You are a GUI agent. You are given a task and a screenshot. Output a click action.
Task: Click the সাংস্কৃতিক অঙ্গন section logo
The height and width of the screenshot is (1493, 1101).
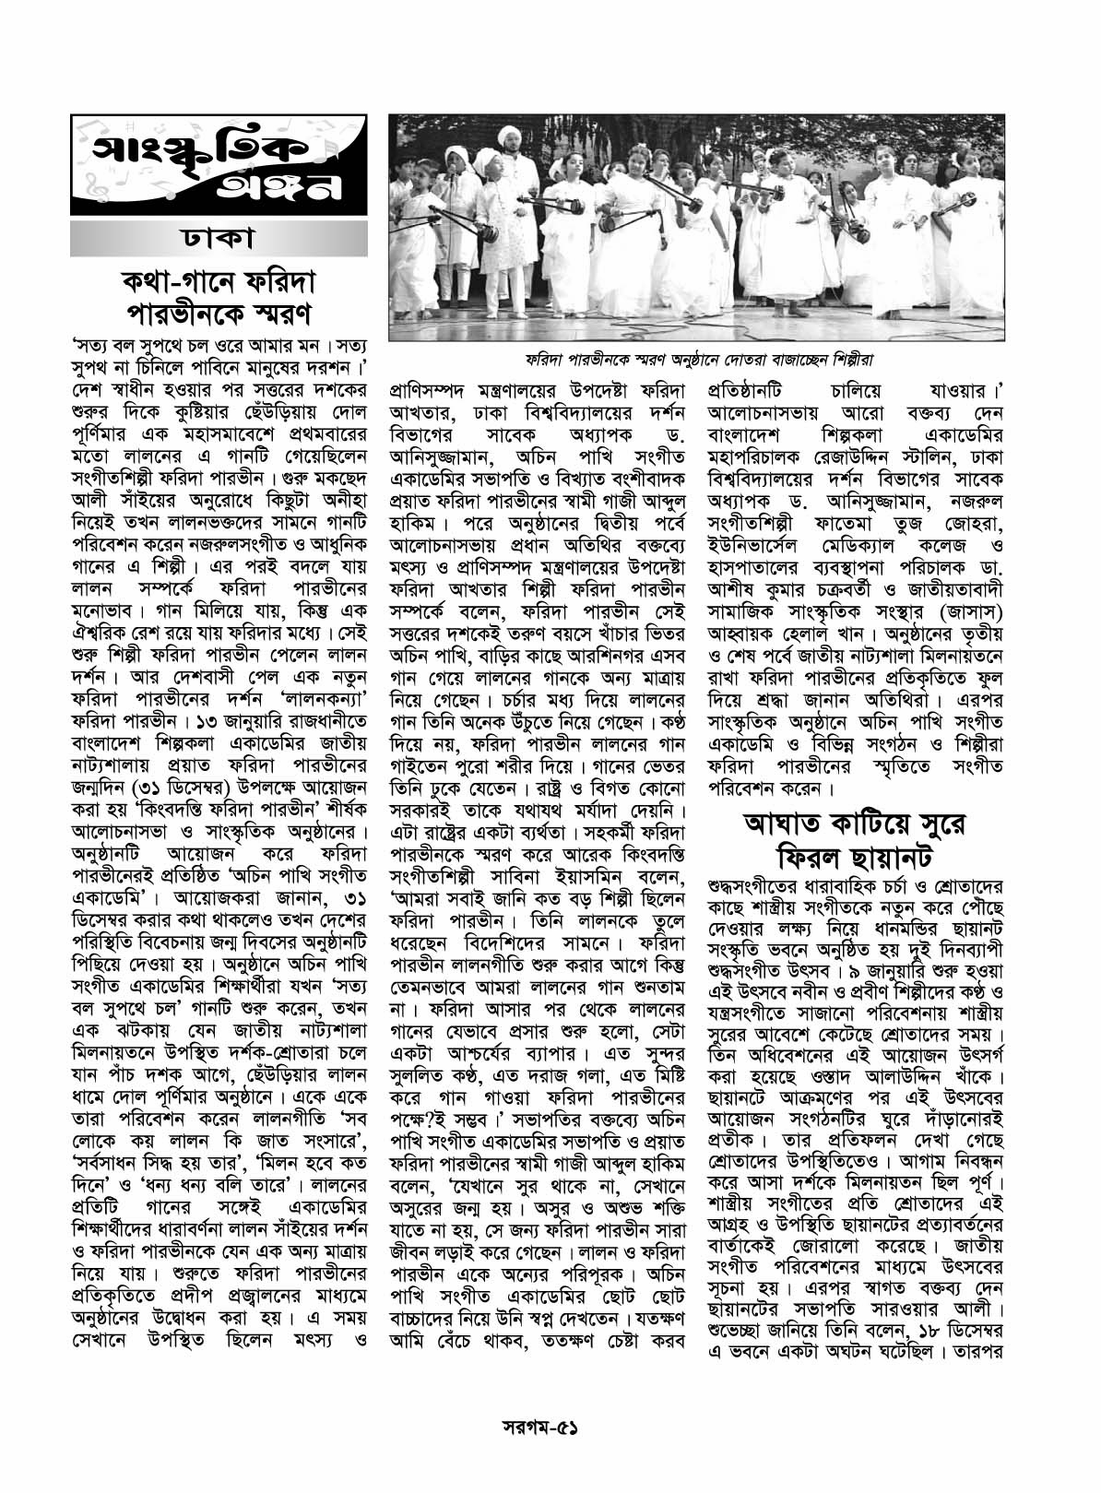pyautogui.click(x=219, y=166)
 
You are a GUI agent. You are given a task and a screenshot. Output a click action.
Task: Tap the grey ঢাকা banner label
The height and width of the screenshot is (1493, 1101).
pyautogui.click(x=219, y=240)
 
